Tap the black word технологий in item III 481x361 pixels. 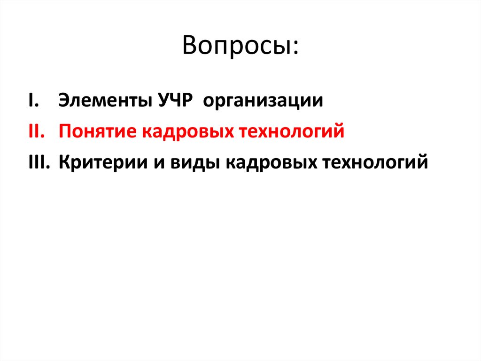(x=376, y=163)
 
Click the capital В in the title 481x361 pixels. (x=190, y=46)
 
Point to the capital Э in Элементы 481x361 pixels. (x=63, y=101)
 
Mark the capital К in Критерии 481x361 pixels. (x=64, y=162)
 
